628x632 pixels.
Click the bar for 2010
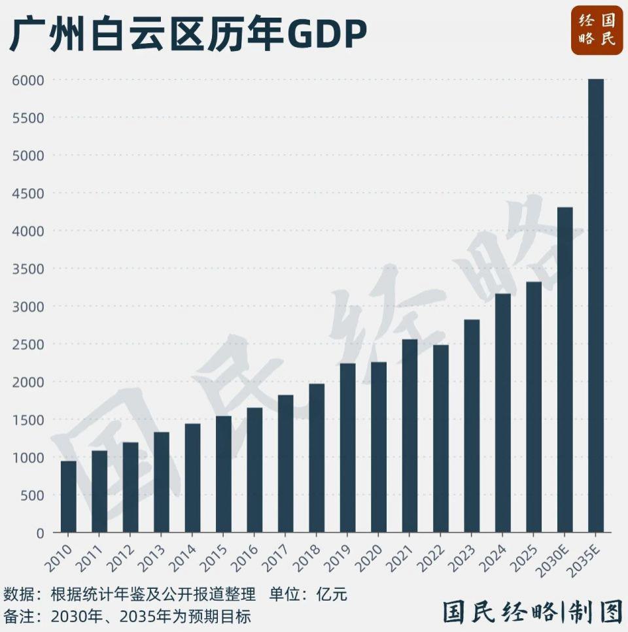(69, 497)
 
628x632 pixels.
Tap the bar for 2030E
(565, 369)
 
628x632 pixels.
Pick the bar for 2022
(441, 438)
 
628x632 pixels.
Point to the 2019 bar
(347, 448)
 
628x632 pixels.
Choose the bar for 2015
(224, 474)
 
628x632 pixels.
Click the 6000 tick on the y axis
(27, 80)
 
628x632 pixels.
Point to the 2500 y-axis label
(27, 344)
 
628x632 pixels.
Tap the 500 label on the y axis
(31, 495)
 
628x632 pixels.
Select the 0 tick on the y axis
(40, 533)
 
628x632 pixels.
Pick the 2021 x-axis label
(403, 555)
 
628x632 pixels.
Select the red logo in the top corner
(597, 30)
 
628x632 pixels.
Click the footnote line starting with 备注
(127, 616)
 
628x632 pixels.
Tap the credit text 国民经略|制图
(532, 613)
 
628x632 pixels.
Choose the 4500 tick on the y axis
(27, 193)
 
